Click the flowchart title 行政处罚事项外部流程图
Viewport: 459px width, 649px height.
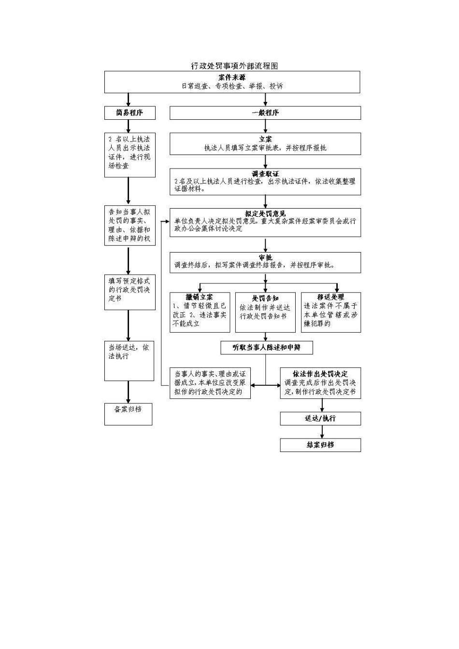(x=234, y=66)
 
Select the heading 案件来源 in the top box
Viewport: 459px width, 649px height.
(x=232, y=77)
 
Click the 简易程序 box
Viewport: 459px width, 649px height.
(x=129, y=113)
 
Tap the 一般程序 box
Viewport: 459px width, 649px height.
(x=265, y=113)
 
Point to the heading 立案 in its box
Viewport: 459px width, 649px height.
(x=265, y=139)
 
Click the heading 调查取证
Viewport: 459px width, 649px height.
(x=265, y=173)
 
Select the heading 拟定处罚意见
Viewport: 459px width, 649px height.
(x=265, y=213)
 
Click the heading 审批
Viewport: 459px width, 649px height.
(x=265, y=257)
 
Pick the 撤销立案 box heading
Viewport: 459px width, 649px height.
(x=200, y=297)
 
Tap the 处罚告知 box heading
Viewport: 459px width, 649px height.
(x=265, y=298)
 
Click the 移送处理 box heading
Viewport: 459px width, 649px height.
(x=330, y=297)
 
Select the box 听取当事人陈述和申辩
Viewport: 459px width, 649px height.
(x=266, y=347)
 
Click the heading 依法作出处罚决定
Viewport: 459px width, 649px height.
(x=320, y=374)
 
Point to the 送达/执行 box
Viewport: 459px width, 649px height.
(x=320, y=418)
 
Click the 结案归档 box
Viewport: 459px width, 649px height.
(x=320, y=445)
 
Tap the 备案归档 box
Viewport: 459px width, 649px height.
(x=128, y=409)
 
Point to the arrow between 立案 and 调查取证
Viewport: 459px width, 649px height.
(x=265, y=161)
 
